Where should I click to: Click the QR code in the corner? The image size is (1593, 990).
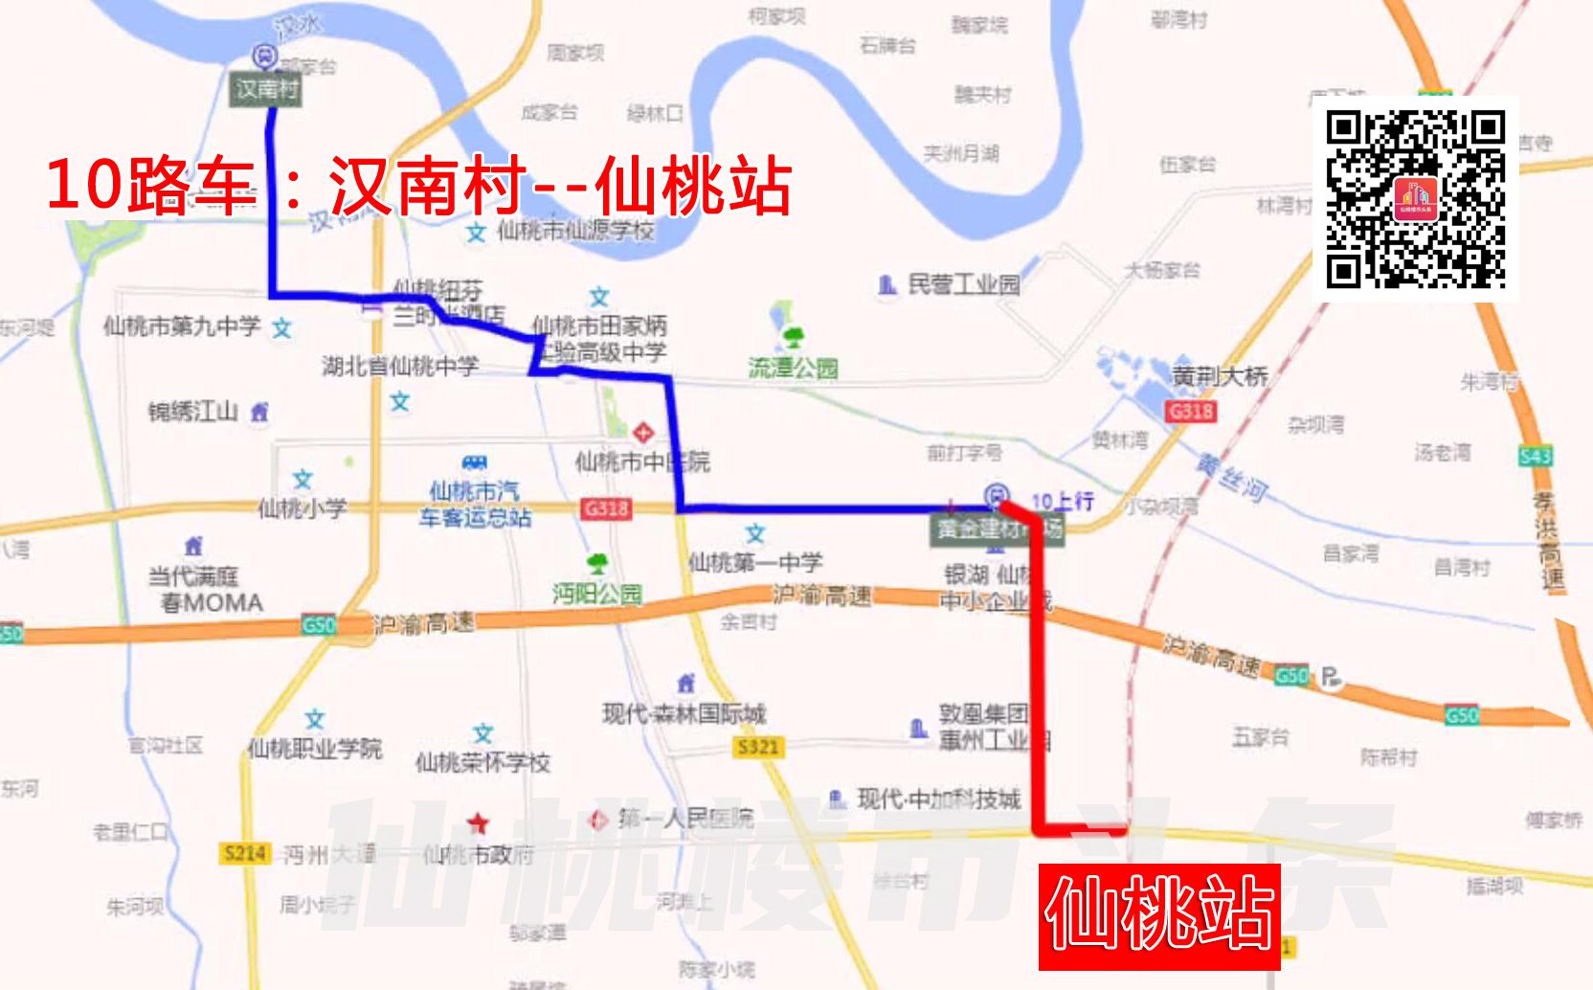(1415, 199)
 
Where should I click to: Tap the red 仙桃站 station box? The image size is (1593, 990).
(1159, 916)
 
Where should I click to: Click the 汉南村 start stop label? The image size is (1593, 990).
(266, 90)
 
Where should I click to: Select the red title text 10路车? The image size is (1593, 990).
(151, 185)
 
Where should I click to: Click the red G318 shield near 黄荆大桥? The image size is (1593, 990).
(1191, 412)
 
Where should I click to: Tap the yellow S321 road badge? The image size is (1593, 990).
(758, 747)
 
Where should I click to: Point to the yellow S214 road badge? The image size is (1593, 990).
(245, 853)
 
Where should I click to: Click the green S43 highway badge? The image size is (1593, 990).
(1535, 456)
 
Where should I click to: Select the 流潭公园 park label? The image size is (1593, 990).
(793, 368)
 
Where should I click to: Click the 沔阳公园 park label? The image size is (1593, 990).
(596, 594)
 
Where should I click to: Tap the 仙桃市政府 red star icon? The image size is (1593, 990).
(478, 823)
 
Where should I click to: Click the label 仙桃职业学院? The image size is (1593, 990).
(315, 749)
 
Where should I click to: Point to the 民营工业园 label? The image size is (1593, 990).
(963, 284)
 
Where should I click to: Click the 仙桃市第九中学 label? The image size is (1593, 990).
(182, 326)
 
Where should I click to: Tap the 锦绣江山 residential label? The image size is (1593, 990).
(192, 412)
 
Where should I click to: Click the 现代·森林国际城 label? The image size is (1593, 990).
(684, 713)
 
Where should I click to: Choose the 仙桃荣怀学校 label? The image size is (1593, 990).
(482, 762)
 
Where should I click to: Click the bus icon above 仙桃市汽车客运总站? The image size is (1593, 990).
(474, 463)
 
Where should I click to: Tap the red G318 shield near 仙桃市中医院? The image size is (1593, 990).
(606, 508)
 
